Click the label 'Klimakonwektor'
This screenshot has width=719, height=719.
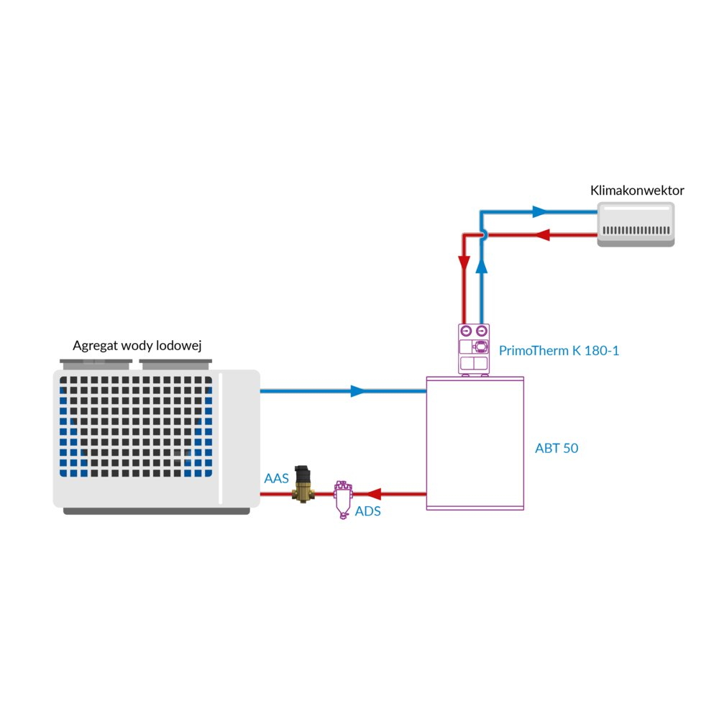click(636, 191)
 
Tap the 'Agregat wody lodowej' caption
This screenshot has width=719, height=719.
click(137, 346)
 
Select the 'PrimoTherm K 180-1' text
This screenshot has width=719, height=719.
click(559, 351)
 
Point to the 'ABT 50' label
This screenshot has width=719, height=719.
click(557, 448)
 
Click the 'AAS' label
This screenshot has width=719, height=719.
click(276, 478)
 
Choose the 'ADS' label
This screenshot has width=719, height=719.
click(367, 512)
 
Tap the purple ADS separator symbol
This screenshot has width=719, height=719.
click(342, 498)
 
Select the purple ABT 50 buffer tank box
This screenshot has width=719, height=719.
click(475, 443)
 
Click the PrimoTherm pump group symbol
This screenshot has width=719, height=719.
click(475, 349)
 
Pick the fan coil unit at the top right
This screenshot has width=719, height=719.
click(636, 224)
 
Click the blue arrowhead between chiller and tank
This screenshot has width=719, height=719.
click(358, 391)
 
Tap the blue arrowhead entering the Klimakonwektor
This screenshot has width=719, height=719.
click(540, 212)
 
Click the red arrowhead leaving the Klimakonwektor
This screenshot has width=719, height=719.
click(544, 235)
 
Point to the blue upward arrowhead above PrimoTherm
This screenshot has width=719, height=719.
click(482, 265)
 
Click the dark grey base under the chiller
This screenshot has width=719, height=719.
click(156, 510)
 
